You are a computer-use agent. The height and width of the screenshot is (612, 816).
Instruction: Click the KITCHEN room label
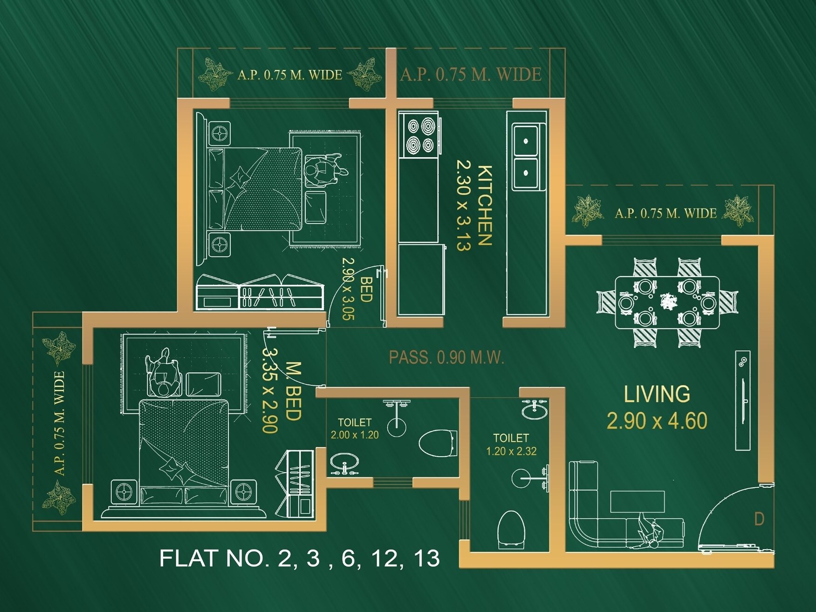pos(485,205)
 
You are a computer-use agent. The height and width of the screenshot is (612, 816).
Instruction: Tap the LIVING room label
pos(657,394)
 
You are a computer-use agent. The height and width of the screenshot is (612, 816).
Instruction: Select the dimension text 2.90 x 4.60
pos(657,421)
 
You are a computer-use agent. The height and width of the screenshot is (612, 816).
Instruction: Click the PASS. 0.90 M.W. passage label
pos(446,358)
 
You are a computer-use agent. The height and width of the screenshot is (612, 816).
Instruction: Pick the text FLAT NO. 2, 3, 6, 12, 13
pos(299,558)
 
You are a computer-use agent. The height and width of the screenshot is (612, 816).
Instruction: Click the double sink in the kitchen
pos(525,156)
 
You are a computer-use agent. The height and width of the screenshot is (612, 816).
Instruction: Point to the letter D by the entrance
pos(759,519)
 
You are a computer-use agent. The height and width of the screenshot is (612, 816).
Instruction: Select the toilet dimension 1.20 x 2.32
pos(511,451)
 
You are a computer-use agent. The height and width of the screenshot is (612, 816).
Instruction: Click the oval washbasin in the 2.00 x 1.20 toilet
pos(344,463)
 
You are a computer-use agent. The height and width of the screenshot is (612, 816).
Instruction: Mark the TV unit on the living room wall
pos(742,400)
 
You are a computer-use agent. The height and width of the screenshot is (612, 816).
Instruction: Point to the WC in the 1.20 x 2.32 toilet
pos(511,529)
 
